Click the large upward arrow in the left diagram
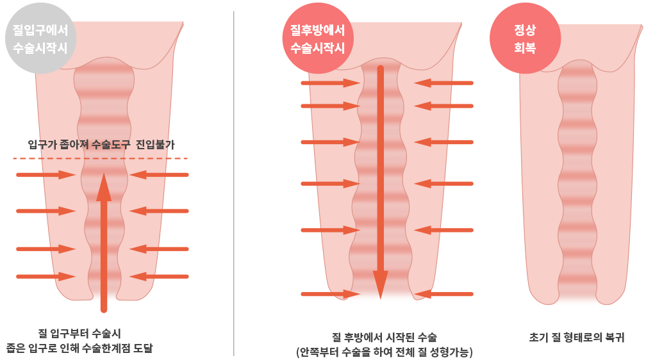click(x=104, y=243)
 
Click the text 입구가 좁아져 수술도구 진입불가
click(x=101, y=145)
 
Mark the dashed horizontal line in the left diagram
click(x=100, y=158)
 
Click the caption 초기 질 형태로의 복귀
click(x=577, y=338)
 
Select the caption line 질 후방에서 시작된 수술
click(x=384, y=338)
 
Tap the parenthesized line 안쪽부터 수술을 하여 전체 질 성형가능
click(x=384, y=352)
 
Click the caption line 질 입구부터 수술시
click(x=79, y=333)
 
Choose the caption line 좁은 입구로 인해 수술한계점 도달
click(x=79, y=348)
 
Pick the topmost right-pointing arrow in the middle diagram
click(x=330, y=83)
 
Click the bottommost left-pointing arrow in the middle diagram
click(x=443, y=294)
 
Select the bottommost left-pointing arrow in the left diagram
click(x=159, y=277)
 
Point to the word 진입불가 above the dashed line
click(x=155, y=145)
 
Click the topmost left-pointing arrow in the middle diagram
click(x=443, y=83)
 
